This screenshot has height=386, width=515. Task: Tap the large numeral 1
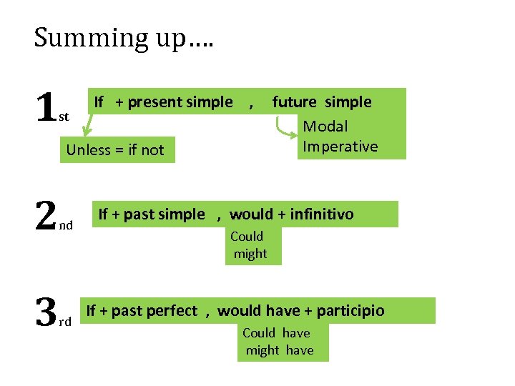pyautogui.click(x=46, y=109)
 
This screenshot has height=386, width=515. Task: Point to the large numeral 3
pyautogui.click(x=46, y=312)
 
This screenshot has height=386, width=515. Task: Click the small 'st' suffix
pyautogui.click(x=64, y=117)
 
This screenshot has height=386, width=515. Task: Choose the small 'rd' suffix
pyautogui.click(x=65, y=322)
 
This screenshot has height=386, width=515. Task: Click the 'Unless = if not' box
pyautogui.click(x=115, y=150)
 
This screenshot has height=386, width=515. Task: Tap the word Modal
pyautogui.click(x=325, y=127)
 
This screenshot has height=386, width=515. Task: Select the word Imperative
pyautogui.click(x=340, y=147)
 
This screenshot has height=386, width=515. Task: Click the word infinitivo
pyautogui.click(x=321, y=214)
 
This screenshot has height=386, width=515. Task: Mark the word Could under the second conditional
pyautogui.click(x=247, y=237)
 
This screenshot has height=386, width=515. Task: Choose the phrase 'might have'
pyautogui.click(x=280, y=350)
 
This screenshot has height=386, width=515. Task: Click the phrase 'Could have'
pyautogui.click(x=276, y=333)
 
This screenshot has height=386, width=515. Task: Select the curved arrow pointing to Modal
pyautogui.click(x=286, y=126)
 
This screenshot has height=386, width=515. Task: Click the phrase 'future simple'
pyautogui.click(x=322, y=102)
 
